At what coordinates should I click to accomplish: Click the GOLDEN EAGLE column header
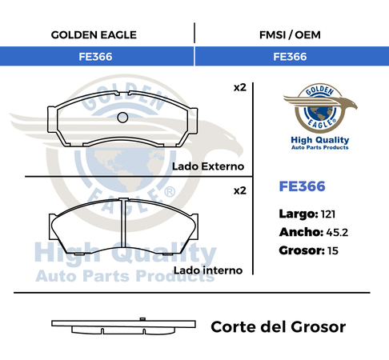[x=94, y=35]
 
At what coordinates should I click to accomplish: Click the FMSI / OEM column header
[x=290, y=35]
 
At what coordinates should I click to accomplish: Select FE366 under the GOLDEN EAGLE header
[x=95, y=57]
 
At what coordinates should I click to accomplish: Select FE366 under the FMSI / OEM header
[x=290, y=57]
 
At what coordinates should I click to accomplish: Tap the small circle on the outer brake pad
[x=122, y=118]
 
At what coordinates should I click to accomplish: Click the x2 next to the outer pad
[x=240, y=88]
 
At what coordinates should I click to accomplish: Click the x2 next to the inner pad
[x=240, y=191]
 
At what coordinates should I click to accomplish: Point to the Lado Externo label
[x=208, y=166]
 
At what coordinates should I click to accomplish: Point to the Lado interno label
[x=208, y=270]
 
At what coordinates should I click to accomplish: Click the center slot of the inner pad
[x=123, y=222]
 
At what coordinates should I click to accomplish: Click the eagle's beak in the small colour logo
[x=355, y=106]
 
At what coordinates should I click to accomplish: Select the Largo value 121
[x=328, y=214]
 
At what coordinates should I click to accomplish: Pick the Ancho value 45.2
[x=337, y=233]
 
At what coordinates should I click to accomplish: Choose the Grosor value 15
[x=333, y=250]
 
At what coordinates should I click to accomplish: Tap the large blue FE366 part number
[x=302, y=186]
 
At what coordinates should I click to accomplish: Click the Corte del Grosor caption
[x=279, y=327]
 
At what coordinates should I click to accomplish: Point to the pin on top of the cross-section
[x=142, y=319]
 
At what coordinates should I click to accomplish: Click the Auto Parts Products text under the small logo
[x=320, y=147]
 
